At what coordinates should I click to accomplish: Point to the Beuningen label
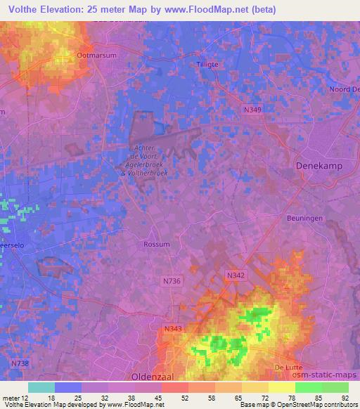pos(304,219)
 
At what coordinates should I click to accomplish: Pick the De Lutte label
pos(288,367)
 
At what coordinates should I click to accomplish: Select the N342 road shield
pos(236,277)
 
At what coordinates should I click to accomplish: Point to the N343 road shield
pos(173,327)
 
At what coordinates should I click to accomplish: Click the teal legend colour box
pos(41,387)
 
